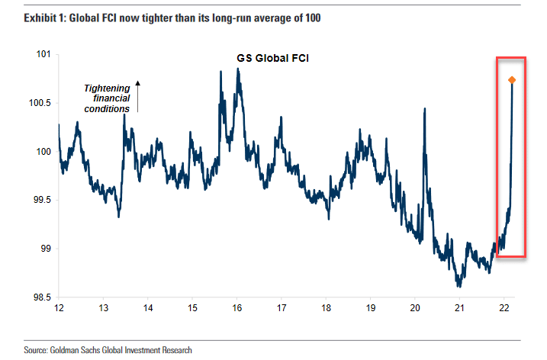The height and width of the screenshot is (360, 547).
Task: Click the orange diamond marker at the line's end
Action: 512,80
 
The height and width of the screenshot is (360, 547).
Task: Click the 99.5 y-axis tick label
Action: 39,200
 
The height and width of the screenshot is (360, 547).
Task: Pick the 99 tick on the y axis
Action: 43,249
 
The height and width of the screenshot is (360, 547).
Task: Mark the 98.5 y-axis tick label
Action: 39,297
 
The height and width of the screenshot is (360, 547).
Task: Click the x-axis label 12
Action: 59,308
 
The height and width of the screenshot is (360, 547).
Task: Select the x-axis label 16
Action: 237,308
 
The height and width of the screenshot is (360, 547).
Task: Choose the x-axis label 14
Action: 148,308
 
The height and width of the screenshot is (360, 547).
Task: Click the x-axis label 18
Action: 327,308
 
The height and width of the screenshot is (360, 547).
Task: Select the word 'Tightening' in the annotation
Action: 106,88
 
